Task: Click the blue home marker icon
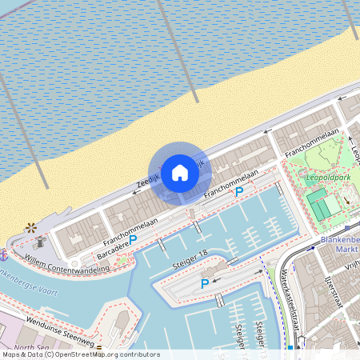point(180,172)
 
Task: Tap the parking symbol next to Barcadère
point(133,239)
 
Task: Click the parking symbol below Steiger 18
point(205,284)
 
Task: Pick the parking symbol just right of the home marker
point(239,193)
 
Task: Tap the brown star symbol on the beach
point(31,227)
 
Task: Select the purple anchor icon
point(4,254)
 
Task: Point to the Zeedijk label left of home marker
point(149,182)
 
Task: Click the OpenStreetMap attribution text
point(80,354)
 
